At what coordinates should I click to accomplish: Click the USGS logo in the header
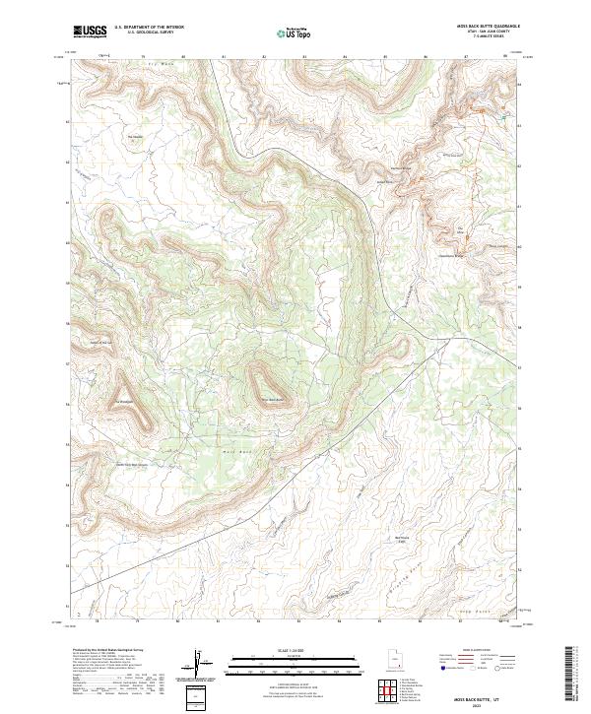pos(91,32)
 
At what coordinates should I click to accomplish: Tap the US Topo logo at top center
pos(295,33)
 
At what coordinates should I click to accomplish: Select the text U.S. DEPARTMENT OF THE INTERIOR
pos(150,28)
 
